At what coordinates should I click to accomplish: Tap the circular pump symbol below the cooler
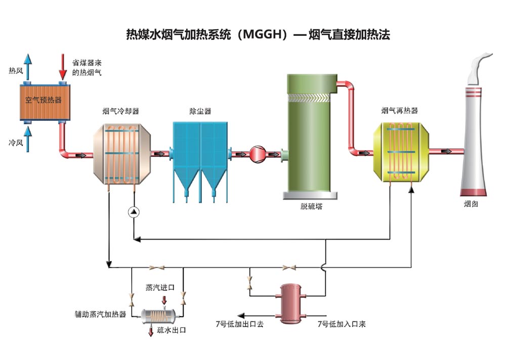133,212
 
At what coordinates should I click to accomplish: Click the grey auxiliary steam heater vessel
157,315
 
